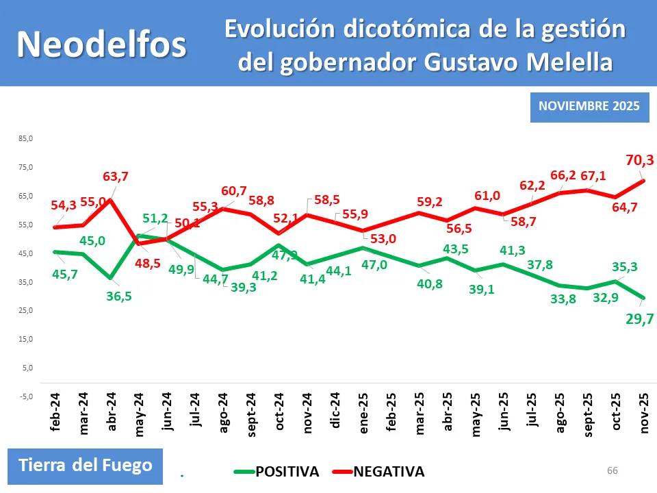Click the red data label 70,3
pos(640,161)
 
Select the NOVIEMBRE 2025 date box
pos(589,106)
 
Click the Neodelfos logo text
pos(101,45)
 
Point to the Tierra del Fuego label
pos(86,466)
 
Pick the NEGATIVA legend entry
pos(388,472)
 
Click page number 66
pos(612,470)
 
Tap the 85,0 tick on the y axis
pos(25,139)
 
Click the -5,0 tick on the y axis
pos(25,396)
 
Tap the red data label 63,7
pos(115,177)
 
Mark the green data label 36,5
pos(119,297)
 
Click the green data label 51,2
pos(156,219)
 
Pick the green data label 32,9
pos(595,299)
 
